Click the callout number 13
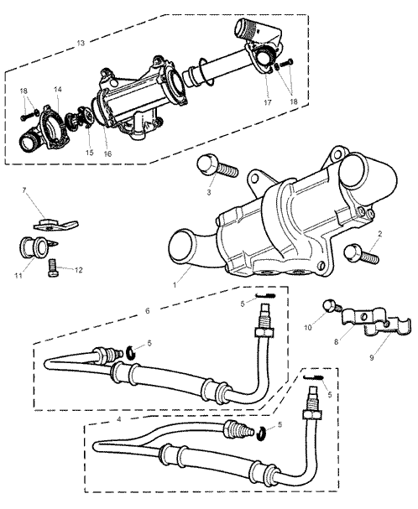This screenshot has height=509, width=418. point(81,43)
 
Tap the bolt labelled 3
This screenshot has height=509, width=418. point(217,167)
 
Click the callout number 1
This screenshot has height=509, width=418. point(175,285)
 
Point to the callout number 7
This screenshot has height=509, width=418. point(24,190)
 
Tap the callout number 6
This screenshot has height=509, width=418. point(148,310)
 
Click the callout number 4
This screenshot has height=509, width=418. point(119,419)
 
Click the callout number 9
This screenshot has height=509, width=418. point(372,357)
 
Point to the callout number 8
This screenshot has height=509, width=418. point(337,342)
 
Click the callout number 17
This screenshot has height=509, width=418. point(268,102)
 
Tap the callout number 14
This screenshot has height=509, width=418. point(58,89)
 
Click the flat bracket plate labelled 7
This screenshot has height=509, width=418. point(56,224)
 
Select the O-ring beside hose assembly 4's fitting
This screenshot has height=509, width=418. point(261,434)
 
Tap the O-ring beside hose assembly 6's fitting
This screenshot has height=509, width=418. point(130,353)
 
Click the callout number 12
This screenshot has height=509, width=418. point(78,270)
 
